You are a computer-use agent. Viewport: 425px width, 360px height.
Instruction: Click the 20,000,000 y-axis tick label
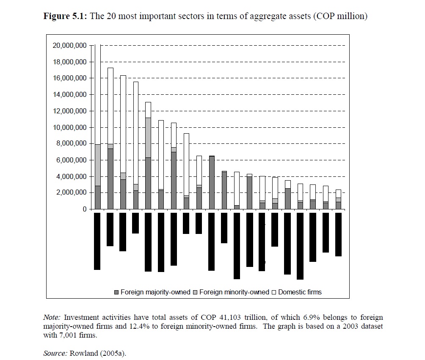(x=69, y=45)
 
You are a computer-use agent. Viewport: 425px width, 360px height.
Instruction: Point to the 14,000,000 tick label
(x=69, y=94)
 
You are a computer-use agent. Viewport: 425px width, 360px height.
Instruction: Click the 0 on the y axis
(x=84, y=209)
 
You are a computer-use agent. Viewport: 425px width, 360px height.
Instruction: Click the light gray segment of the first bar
(x=97, y=165)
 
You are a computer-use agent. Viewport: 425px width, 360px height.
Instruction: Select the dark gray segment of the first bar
(x=97, y=197)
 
